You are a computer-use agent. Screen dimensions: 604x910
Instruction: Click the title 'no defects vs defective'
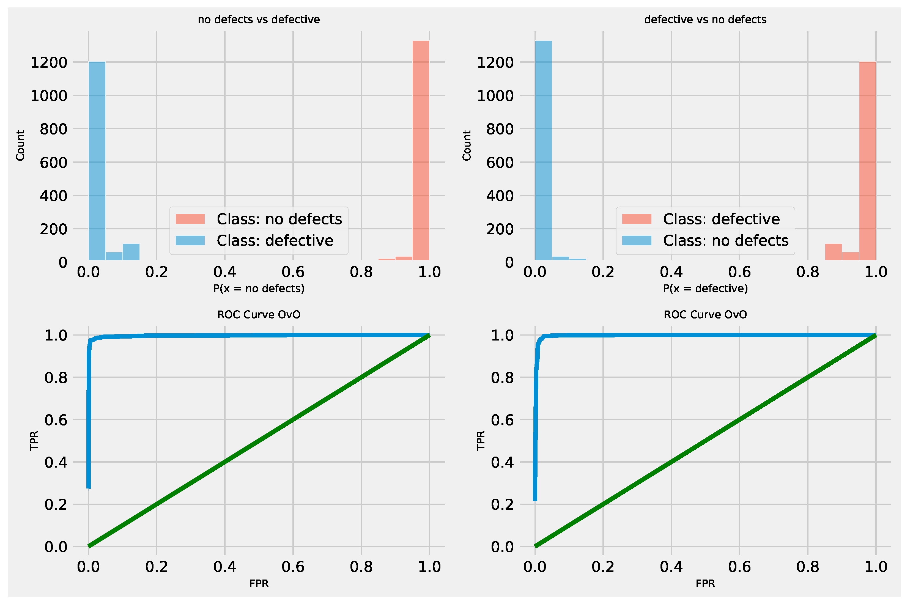(259, 20)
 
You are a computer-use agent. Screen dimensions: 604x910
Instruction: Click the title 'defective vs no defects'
(705, 20)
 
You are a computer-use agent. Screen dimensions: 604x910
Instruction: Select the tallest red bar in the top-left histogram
(421, 150)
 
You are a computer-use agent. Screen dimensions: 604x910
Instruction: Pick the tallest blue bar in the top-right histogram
(543, 150)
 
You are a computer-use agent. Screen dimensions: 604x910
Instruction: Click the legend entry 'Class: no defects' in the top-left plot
(279, 219)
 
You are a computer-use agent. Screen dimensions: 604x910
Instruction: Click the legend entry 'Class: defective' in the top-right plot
(721, 219)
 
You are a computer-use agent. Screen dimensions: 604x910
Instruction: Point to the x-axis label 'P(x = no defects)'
(259, 289)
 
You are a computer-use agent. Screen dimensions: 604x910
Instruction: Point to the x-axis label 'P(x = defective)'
(705, 289)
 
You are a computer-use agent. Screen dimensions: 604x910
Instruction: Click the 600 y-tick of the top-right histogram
(500, 163)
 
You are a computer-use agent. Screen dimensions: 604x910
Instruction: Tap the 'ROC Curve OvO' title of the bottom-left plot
(259, 315)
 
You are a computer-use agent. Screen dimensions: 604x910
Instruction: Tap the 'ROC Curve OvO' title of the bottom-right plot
(705, 315)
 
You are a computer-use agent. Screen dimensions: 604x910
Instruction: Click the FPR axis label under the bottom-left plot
(259, 584)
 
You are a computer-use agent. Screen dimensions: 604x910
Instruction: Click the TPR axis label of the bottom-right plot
(480, 441)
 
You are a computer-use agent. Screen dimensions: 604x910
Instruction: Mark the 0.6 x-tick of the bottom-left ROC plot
(293, 567)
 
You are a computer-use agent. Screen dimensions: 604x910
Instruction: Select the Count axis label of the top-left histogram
(20, 145)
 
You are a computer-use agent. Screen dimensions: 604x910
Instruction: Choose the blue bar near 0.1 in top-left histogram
(131, 252)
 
